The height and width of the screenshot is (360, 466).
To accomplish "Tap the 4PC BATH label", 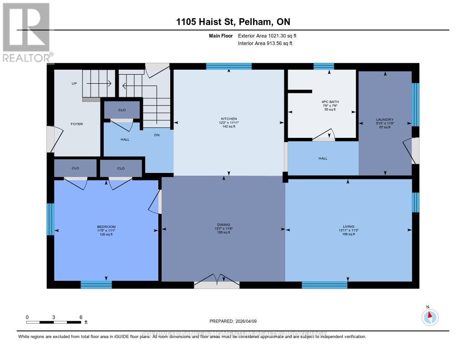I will pyautogui.click(x=330, y=102).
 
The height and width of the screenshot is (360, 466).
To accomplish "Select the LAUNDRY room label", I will pyautogui.click(x=385, y=120).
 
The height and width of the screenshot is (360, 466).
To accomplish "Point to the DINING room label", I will pyautogui.click(x=223, y=224).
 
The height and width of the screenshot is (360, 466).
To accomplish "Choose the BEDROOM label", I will pyautogui.click(x=106, y=227).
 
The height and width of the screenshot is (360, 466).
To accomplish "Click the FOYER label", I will pyautogui.click(x=76, y=124).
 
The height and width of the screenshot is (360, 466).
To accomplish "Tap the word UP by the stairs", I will pyautogui.click(x=74, y=84).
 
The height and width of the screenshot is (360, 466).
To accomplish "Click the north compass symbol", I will pyautogui.click(x=430, y=316).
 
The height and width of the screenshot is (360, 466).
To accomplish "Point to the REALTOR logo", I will pyautogui.click(x=26, y=32).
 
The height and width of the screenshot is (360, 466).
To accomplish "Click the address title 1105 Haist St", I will pyautogui.click(x=233, y=22).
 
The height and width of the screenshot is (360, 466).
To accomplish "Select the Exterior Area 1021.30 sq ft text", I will pyautogui.click(x=268, y=35).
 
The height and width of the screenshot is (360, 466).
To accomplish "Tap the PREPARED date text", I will pyautogui.click(x=233, y=321).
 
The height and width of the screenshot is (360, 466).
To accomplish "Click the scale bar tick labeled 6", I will pyautogui.click(x=81, y=317).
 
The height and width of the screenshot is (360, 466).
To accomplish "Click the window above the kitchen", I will pyautogui.click(x=228, y=66).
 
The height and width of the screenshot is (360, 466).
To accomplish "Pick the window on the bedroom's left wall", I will pyautogui.click(x=50, y=219).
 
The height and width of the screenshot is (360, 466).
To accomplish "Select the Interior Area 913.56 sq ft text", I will pyautogui.click(x=265, y=44).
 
